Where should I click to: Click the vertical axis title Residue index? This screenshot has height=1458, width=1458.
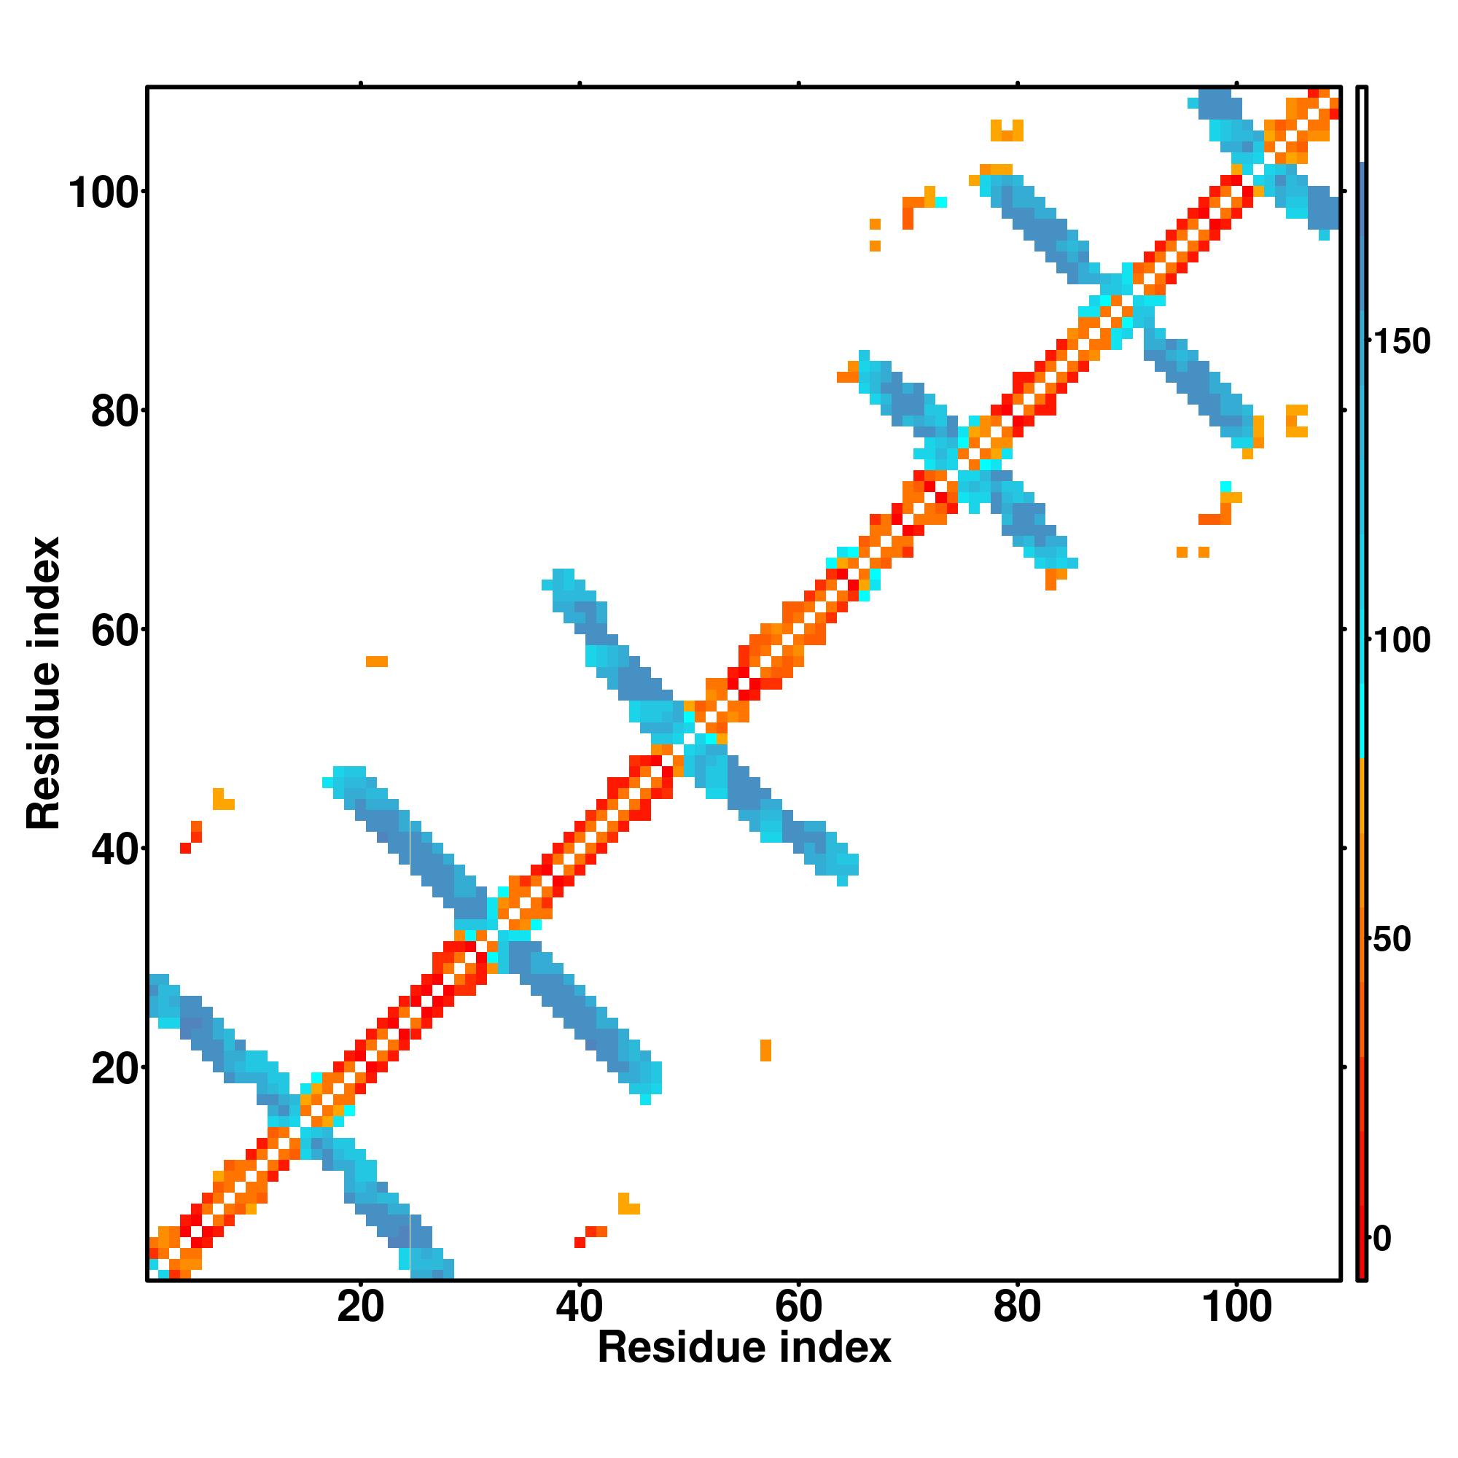[x=43, y=683]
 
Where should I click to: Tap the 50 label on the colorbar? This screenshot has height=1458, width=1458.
[x=1392, y=940]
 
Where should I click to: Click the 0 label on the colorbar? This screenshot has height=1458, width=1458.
[x=1382, y=1239]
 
